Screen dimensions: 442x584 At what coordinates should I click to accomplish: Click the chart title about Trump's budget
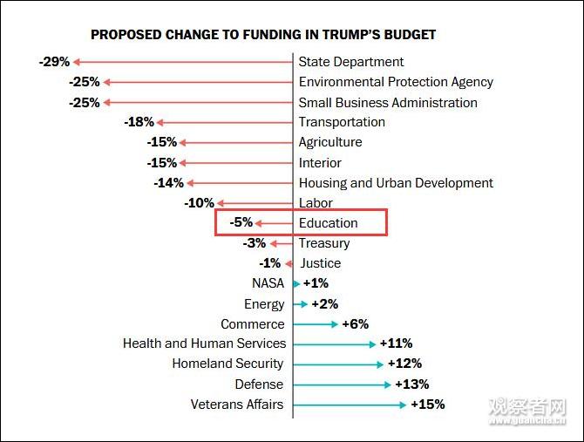click(x=263, y=35)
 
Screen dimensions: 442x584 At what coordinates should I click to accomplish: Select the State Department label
click(x=351, y=62)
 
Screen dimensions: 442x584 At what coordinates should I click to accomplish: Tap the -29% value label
click(x=54, y=62)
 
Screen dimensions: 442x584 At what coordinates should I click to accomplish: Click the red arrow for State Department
click(x=183, y=62)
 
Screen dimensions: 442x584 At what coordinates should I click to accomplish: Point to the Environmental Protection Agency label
click(x=396, y=82)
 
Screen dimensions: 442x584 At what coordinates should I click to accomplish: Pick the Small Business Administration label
click(x=388, y=102)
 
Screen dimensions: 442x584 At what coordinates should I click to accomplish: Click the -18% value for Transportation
click(x=139, y=122)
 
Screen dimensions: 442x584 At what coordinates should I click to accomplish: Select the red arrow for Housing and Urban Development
click(x=240, y=183)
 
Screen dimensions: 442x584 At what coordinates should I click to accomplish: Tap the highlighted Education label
click(x=329, y=223)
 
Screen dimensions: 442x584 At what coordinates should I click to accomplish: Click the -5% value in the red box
click(x=241, y=223)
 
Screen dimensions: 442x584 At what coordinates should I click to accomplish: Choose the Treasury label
click(x=324, y=243)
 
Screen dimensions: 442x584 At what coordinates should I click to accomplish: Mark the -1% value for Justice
click(x=270, y=263)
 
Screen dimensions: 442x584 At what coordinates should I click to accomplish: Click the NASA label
click(x=268, y=283)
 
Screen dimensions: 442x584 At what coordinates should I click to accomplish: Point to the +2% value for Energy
click(x=323, y=304)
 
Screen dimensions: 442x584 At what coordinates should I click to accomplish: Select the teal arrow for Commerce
click(x=316, y=324)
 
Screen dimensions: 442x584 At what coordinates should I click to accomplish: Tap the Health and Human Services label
click(x=204, y=343)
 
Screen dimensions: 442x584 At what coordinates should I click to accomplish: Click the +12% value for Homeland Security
click(x=404, y=364)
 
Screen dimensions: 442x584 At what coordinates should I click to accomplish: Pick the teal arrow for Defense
click(x=342, y=384)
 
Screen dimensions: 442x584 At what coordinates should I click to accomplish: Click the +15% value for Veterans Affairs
click(x=427, y=405)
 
